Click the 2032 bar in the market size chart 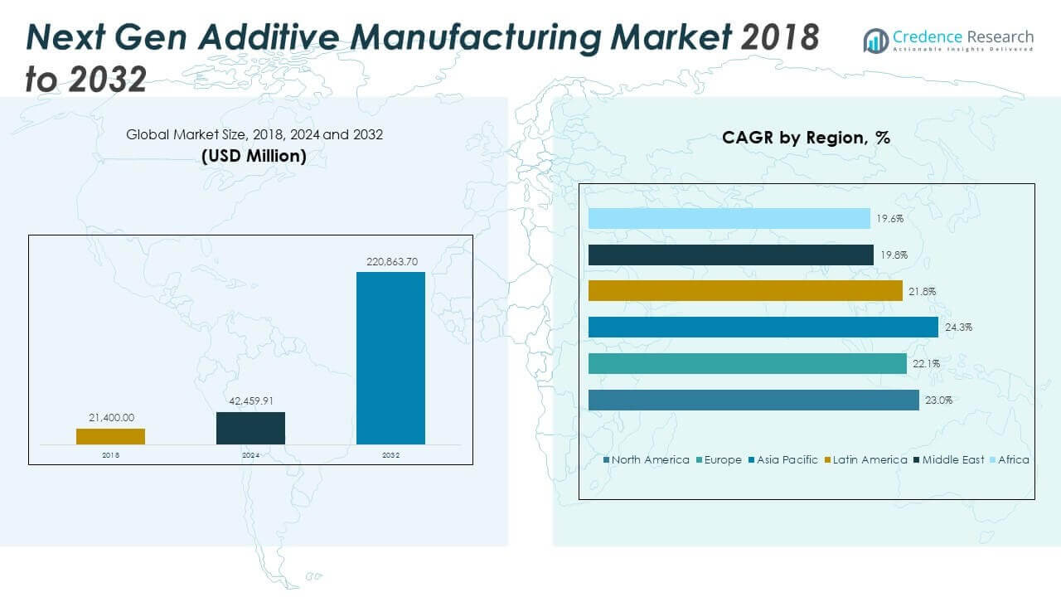[x=390, y=358]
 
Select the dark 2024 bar [x=250, y=428]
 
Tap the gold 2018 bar [x=110, y=436]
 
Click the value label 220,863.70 [x=392, y=262]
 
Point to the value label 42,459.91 [x=250, y=402]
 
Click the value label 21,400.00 [x=111, y=419]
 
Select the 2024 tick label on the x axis [x=250, y=455]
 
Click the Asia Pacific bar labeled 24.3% [x=763, y=328]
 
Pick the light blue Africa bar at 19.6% [x=729, y=219]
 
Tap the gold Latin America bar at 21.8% [x=745, y=291]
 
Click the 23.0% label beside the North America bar [x=938, y=400]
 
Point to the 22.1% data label [x=926, y=363]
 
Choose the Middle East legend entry [x=952, y=459]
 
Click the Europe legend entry [x=723, y=459]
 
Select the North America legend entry [x=650, y=459]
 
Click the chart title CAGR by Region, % [x=806, y=138]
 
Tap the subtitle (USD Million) [x=254, y=155]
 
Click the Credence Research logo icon [x=875, y=40]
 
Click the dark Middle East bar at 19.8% [x=730, y=255]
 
